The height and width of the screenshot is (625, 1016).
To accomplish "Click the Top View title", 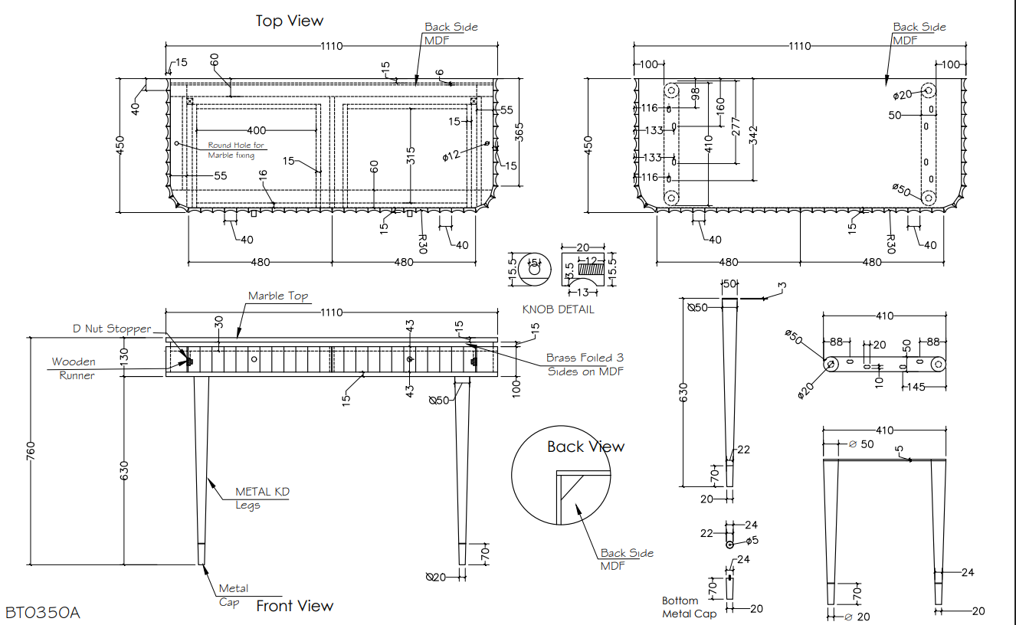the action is tap(290, 21).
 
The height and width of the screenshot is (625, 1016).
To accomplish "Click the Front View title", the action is tap(295, 606).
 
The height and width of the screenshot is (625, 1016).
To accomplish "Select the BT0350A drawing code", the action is tap(43, 613).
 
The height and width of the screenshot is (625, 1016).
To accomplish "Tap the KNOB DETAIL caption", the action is tap(558, 309).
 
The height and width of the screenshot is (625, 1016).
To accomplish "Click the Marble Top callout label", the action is tap(278, 296).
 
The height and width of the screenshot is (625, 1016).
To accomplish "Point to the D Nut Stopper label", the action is tap(112, 329).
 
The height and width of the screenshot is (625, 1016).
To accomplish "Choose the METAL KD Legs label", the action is tap(262, 499).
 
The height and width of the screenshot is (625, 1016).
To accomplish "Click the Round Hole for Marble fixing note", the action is tap(236, 150).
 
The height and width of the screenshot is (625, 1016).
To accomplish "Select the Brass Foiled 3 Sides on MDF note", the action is tap(585, 365).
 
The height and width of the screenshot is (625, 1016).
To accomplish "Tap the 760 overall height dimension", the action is tap(31, 451).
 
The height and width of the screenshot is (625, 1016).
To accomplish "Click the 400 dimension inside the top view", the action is tap(256, 131).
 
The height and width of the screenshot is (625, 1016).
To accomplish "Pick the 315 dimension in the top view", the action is tap(411, 155).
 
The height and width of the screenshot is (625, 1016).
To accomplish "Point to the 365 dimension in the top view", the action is tap(519, 133).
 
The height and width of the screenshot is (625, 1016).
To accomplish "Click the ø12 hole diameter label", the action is tap(451, 155).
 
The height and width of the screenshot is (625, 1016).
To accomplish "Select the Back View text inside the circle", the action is tap(585, 447).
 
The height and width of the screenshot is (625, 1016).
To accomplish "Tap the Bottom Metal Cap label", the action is tap(689, 607).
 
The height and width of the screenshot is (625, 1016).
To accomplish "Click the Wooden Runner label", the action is tap(74, 368).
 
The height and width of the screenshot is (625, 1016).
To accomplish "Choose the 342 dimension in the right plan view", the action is tap(753, 135).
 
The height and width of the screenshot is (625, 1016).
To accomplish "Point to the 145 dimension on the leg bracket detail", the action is tap(916, 387).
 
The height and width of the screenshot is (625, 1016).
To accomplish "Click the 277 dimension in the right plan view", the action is tap(736, 126).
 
